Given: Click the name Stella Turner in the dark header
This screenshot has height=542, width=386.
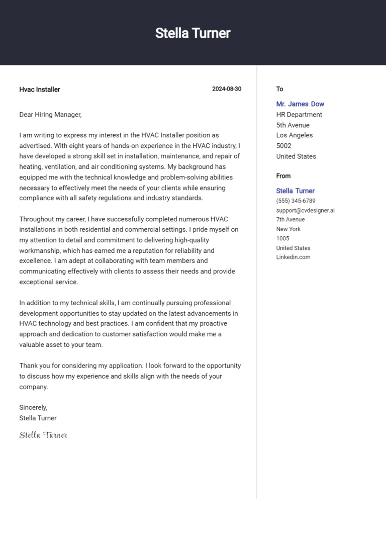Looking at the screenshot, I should click(x=192, y=33).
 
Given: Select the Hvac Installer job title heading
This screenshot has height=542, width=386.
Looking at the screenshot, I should click(x=40, y=89).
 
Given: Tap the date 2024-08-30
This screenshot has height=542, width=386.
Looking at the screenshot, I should click(x=226, y=89).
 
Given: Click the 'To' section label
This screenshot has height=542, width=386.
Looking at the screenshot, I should click(x=279, y=89).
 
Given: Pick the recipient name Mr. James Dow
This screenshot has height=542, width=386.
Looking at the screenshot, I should click(x=300, y=104).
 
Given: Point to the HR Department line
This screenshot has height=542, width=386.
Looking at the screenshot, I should click(x=299, y=115).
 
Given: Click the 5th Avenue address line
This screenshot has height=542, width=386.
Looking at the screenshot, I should click(x=293, y=125).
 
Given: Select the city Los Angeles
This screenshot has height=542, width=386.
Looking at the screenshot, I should click(x=294, y=135).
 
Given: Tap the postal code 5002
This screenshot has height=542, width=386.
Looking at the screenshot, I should click(x=283, y=146).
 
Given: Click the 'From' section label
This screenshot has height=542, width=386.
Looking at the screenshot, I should click(x=283, y=176).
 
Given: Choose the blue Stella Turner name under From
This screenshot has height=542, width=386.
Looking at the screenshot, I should click(x=295, y=191).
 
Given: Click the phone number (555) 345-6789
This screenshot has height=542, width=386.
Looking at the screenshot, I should click(x=296, y=201).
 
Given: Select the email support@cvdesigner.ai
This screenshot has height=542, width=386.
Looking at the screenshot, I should click(x=305, y=210).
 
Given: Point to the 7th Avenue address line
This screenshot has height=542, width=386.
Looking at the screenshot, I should click(x=290, y=220).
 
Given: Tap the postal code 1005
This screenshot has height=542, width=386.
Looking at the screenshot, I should click(x=282, y=238).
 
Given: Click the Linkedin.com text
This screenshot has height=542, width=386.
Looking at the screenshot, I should click(x=293, y=257).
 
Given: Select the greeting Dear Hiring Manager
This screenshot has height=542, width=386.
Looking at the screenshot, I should click(x=50, y=115).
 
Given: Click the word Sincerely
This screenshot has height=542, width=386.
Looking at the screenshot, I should click(x=33, y=407).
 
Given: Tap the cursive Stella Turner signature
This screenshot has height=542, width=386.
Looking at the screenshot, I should click(x=43, y=435).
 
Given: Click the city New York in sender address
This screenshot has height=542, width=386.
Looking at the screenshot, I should click(x=288, y=229).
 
